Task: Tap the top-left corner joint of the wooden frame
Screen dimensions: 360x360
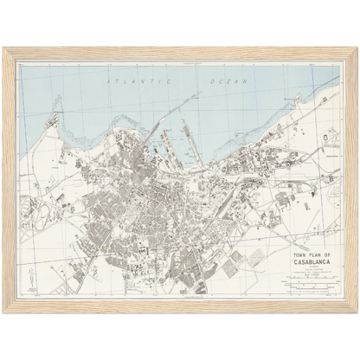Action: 6,49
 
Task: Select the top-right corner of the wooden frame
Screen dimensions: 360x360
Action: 354,49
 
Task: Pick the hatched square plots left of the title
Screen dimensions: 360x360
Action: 231,267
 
